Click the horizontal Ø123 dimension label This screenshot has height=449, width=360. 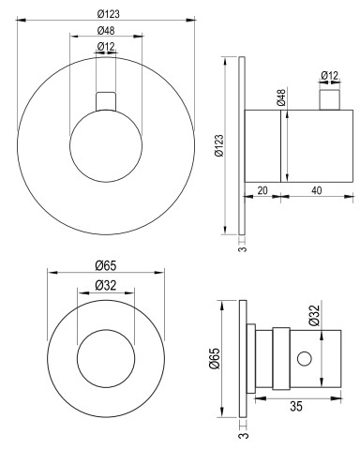pyautogui.click(x=108, y=14)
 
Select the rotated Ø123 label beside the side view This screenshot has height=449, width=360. pyautogui.click(x=219, y=145)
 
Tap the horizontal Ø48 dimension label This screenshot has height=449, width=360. pyautogui.click(x=106, y=31)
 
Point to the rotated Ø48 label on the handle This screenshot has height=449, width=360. pyautogui.click(x=281, y=97)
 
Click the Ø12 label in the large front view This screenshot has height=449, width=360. pyautogui.click(x=106, y=47)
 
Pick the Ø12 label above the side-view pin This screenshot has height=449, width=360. pyautogui.click(x=330, y=76)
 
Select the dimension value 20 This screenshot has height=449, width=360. pyautogui.click(x=262, y=190)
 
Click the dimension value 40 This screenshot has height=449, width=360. pyautogui.click(x=317, y=190)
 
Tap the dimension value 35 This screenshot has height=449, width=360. pyautogui.click(x=296, y=407)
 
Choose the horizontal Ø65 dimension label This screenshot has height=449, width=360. pyautogui.click(x=106, y=266)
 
